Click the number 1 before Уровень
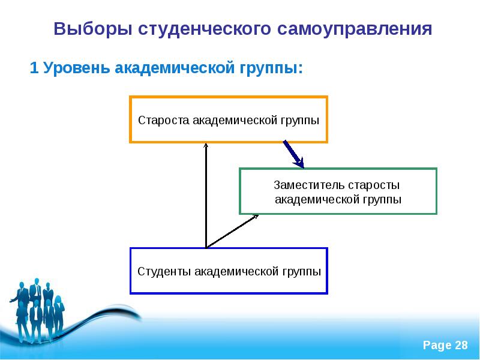(34, 68)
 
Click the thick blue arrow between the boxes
(293, 154)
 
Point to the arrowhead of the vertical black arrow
(206, 146)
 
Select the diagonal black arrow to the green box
(233, 231)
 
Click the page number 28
(461, 345)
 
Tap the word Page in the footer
(437, 345)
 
